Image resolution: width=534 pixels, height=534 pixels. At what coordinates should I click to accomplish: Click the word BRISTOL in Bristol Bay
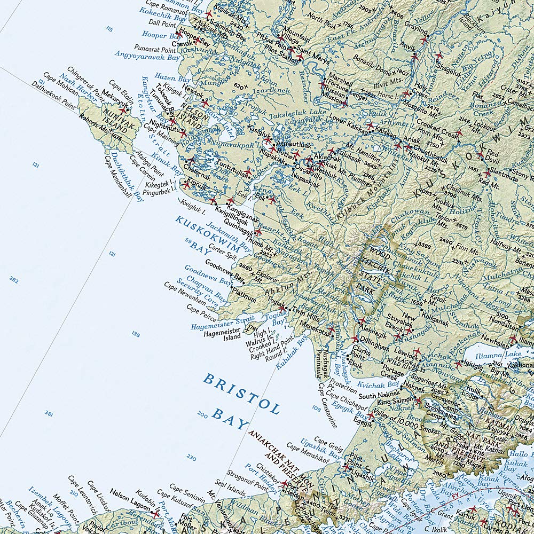coord(241,394)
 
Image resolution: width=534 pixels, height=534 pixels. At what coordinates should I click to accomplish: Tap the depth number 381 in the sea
coord(49,413)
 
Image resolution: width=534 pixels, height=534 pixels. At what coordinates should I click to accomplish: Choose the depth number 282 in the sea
coord(14,279)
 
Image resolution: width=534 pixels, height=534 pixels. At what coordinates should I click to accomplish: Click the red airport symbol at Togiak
coord(282,309)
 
